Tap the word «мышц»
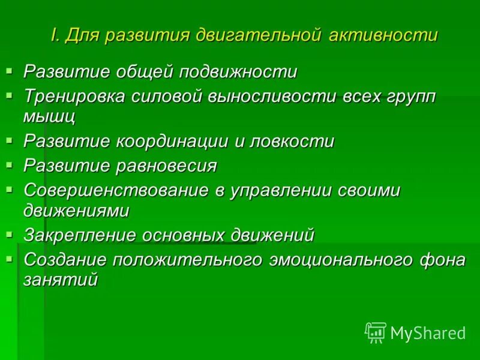click(50, 116)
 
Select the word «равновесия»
click(169, 166)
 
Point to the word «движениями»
click(76, 211)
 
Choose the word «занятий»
click(60, 280)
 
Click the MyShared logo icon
click(376, 332)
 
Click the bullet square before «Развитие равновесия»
click(9, 164)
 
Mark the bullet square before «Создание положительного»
click(9, 259)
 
